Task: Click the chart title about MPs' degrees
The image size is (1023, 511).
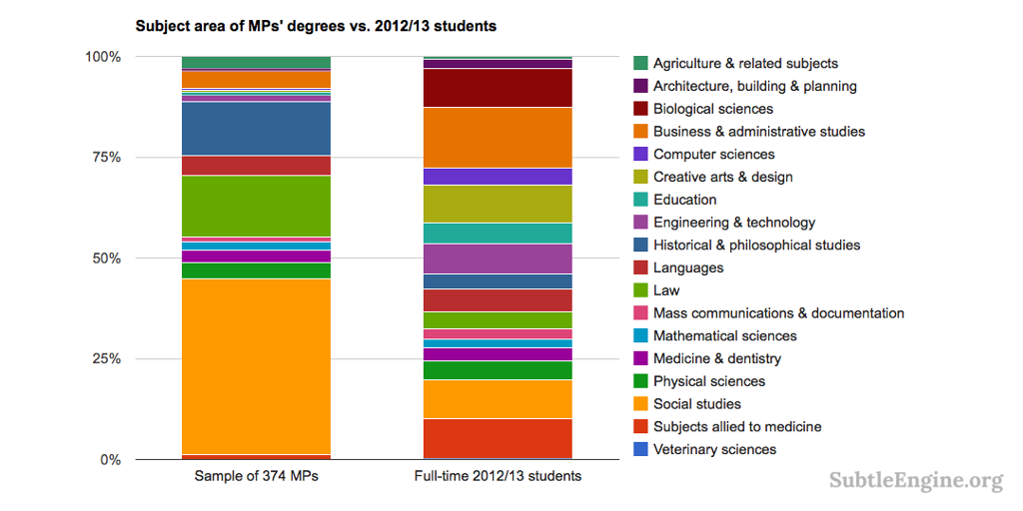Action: point(316,26)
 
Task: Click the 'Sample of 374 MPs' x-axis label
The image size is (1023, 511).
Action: point(256,476)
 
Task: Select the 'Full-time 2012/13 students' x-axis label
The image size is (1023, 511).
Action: point(498,476)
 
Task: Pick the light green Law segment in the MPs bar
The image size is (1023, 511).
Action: point(256,206)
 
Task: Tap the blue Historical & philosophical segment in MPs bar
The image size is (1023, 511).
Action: point(256,129)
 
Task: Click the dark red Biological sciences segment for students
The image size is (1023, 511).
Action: point(498,88)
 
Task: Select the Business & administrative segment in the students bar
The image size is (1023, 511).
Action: point(498,138)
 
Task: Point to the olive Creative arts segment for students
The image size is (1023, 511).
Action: point(498,204)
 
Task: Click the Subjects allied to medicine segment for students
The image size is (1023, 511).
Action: point(498,439)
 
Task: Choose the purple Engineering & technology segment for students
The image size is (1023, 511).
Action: point(498,258)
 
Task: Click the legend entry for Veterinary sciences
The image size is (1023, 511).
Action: point(714,449)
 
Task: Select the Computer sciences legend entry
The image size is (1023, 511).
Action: point(713,155)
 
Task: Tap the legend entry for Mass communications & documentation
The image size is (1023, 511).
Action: point(778,313)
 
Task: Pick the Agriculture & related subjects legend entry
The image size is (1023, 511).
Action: point(745,64)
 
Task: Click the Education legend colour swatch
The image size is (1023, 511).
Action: point(640,200)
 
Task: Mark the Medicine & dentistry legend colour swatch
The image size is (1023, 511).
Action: point(640,358)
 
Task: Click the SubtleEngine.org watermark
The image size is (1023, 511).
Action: point(916,481)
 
